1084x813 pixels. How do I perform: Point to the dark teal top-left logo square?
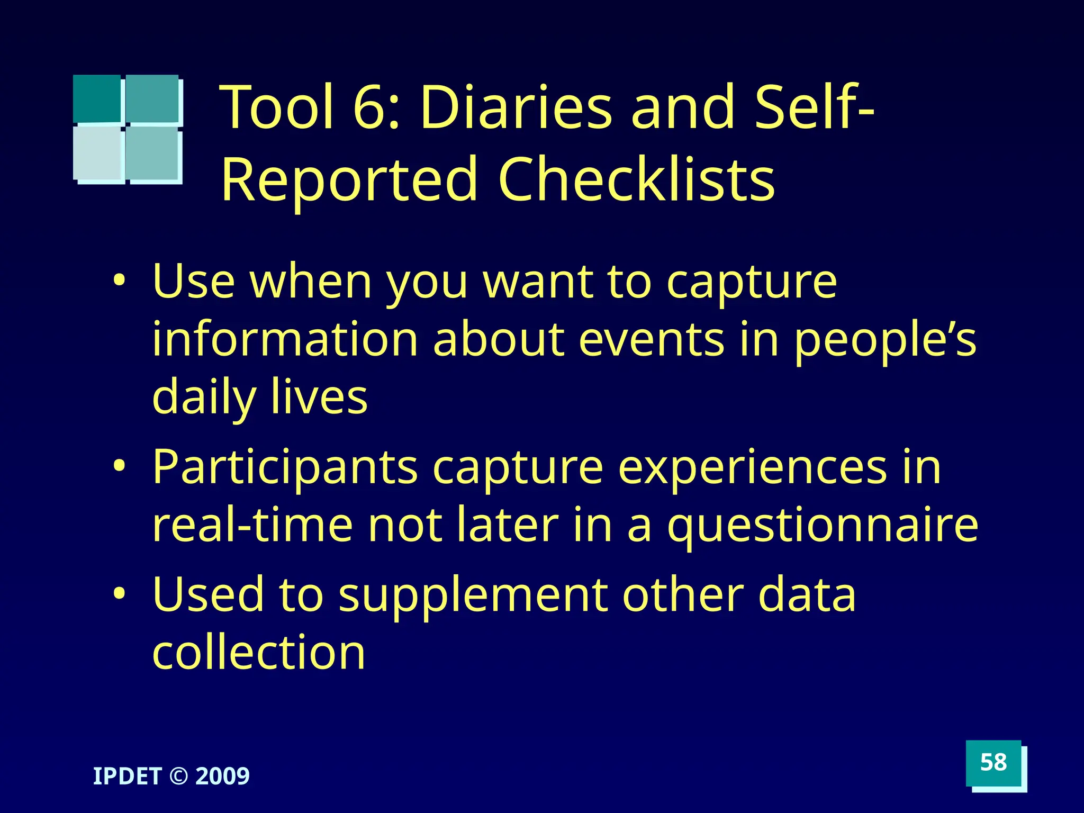coord(96,98)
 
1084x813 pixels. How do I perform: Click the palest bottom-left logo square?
coord(97,153)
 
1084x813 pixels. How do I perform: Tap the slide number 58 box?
coord(993,763)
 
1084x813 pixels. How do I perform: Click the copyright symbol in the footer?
coord(178,776)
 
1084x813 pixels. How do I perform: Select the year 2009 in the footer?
coord(223,776)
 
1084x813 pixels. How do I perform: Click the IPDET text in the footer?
coord(127,776)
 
